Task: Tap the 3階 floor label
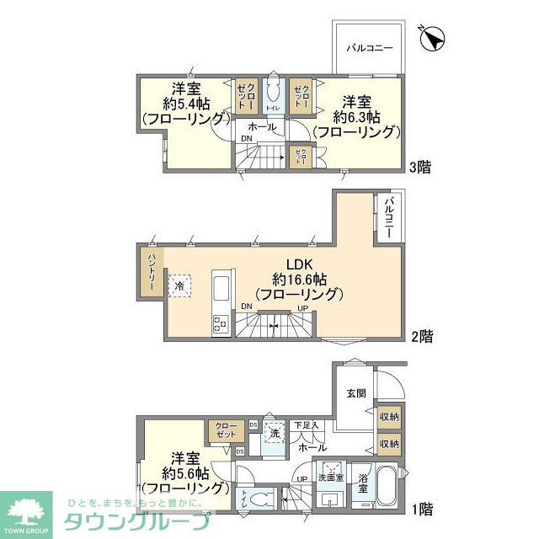tap(420, 167)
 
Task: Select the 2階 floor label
tap(422, 336)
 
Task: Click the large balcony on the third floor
tap(370, 46)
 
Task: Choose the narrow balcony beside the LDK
tap(390, 218)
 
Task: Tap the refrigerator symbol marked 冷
tap(179, 286)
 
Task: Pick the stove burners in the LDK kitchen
tap(221, 321)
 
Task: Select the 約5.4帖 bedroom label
tap(185, 104)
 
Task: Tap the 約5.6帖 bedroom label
tap(185, 472)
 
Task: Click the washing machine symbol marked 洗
tap(273, 434)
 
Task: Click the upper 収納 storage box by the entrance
tap(388, 416)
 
